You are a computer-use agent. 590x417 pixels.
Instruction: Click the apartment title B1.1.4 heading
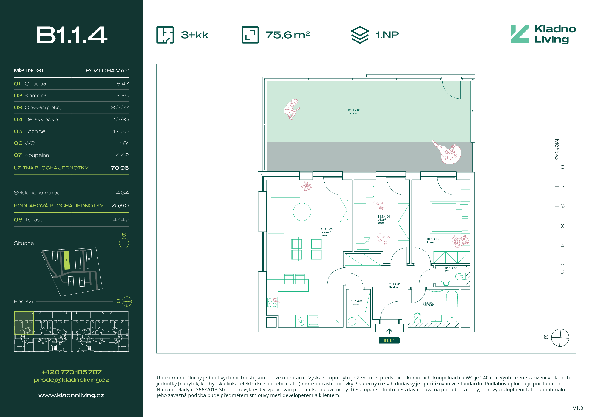coord(71,35)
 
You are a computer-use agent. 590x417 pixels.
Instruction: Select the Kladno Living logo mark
coord(520,34)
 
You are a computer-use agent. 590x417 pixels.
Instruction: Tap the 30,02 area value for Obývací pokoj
coord(120,107)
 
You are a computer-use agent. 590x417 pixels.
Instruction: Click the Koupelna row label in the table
coord(37,155)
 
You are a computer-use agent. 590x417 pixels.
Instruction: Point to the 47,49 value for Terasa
coord(120,220)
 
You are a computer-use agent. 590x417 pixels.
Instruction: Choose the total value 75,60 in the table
coord(120,206)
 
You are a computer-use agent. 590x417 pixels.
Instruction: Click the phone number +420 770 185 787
coord(71,372)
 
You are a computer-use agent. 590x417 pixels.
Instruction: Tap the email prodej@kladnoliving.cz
coord(71,380)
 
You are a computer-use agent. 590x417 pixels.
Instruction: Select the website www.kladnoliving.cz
coord(71,395)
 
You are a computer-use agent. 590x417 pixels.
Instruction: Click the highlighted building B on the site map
coord(67,260)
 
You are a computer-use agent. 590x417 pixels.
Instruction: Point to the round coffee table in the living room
coord(302,212)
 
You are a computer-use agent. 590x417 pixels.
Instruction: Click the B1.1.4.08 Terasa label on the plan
coord(354,111)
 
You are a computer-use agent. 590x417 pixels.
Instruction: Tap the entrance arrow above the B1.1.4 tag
coord(389,331)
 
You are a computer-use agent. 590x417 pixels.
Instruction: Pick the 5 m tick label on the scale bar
coord(562,269)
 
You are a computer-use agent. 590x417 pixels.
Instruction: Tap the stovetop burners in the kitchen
coord(272,302)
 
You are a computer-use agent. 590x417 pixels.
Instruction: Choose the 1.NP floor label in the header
coord(387,35)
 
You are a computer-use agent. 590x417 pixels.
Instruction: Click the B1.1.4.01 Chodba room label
coord(394,286)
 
